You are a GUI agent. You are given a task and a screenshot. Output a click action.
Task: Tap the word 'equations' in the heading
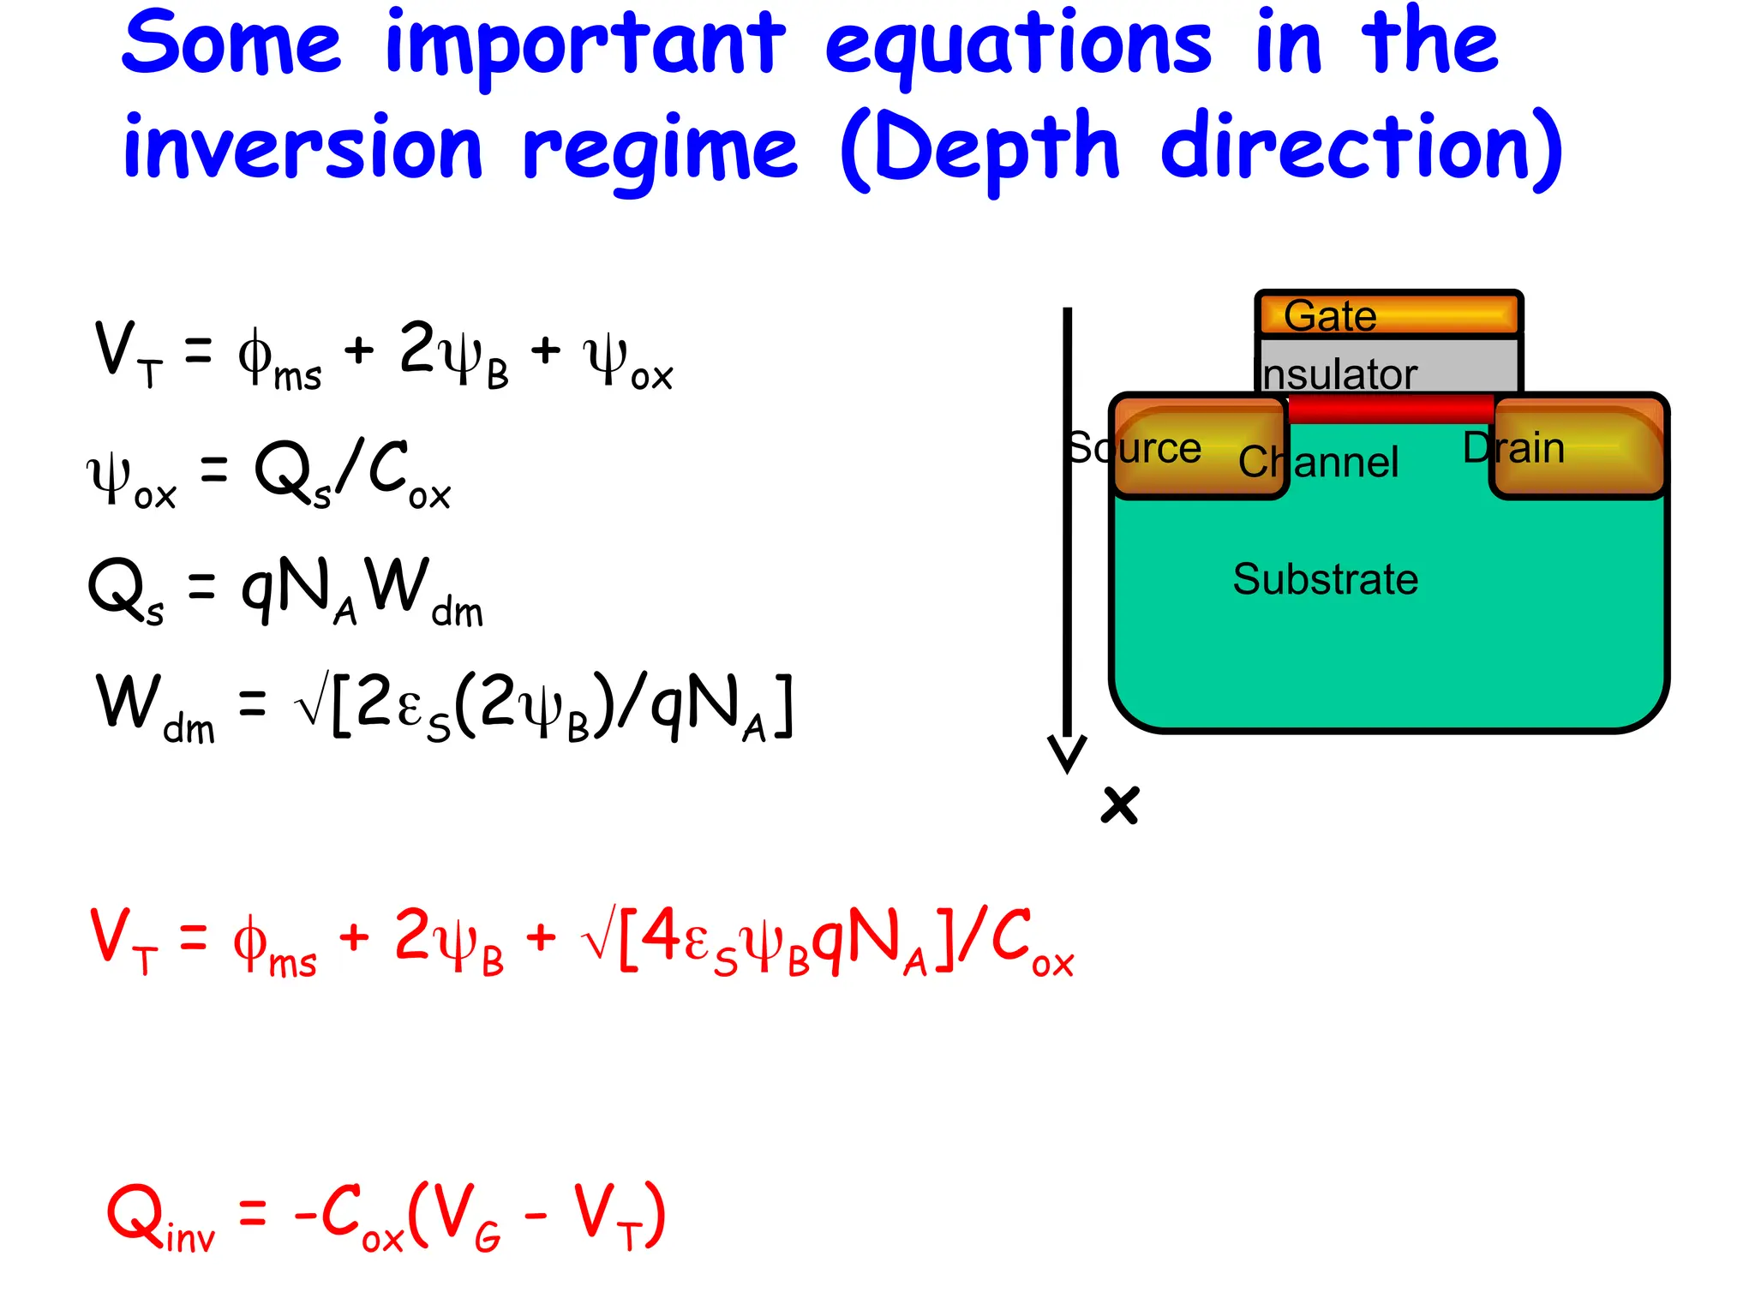point(1018,47)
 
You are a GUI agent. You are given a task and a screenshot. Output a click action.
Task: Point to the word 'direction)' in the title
point(1363,148)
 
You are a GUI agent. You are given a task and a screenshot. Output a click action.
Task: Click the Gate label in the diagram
point(1330,315)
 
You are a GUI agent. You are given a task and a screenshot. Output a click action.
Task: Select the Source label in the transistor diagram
point(1135,448)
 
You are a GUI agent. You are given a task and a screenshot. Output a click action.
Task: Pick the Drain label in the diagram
point(1513,447)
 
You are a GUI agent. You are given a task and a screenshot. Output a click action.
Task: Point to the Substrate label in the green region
point(1325,579)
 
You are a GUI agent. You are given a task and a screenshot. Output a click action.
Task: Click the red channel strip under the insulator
point(1390,409)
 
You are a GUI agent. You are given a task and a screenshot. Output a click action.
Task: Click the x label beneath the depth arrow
point(1119,805)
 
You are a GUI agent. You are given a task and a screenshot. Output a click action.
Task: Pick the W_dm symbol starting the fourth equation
point(154,707)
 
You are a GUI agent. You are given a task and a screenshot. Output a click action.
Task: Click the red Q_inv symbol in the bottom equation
point(159,1217)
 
